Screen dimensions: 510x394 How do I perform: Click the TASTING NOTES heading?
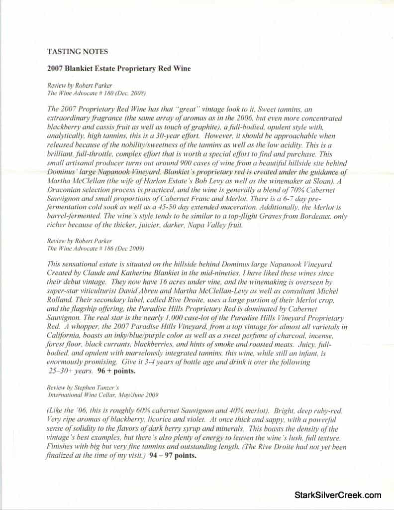[77, 51]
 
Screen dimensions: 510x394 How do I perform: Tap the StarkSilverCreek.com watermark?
[338, 495]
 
